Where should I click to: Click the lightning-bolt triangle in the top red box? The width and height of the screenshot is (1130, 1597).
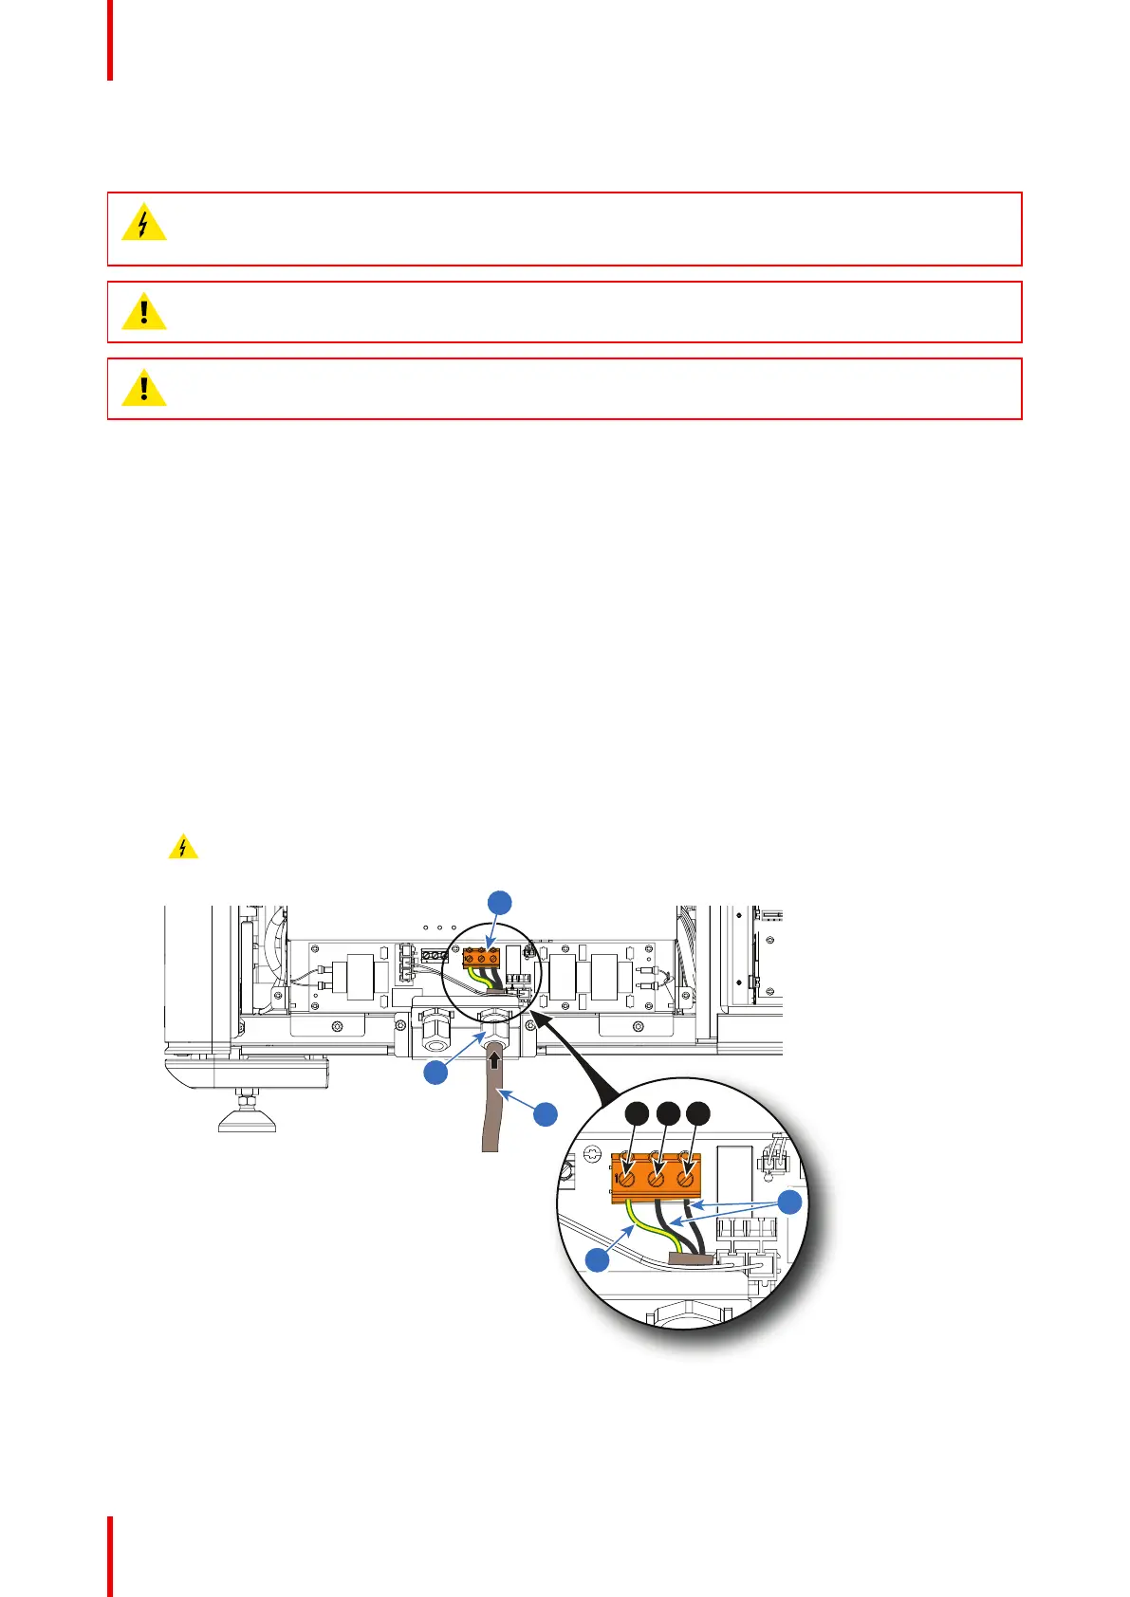[144, 224]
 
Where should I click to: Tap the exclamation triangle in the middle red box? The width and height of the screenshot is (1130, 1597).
[144, 312]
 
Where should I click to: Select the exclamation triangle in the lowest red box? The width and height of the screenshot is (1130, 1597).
[144, 389]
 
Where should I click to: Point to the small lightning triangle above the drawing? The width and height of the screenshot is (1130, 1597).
[183, 847]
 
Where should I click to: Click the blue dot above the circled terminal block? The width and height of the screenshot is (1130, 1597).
[500, 902]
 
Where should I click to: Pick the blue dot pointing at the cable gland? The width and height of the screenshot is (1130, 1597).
[435, 1073]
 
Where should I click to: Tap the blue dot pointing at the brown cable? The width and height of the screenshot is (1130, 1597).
[546, 1114]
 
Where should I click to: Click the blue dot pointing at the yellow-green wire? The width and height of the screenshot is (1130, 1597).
[597, 1260]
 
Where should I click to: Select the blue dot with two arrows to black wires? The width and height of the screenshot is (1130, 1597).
[789, 1202]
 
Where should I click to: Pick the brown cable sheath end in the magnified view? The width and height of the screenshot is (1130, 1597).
[690, 1258]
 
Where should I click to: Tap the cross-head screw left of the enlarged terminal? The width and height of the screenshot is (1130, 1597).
[593, 1154]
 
